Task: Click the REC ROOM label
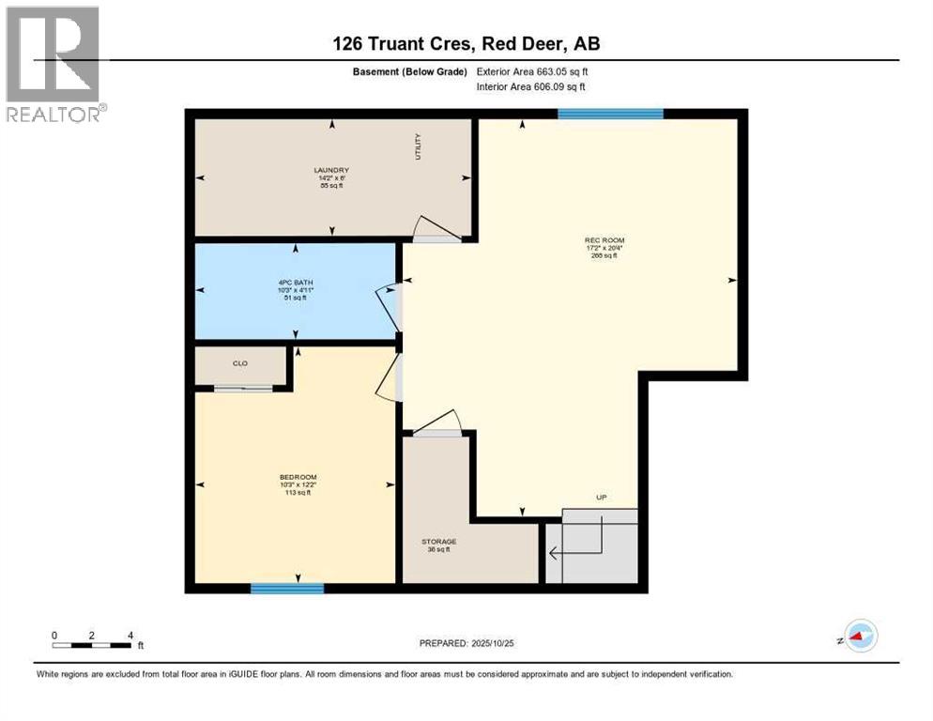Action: (x=604, y=240)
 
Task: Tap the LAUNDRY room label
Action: (x=331, y=170)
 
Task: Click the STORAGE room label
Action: (x=438, y=542)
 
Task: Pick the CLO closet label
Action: (x=239, y=363)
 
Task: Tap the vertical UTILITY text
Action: (x=419, y=146)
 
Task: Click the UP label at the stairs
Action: (x=601, y=497)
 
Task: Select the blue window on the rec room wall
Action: (x=610, y=114)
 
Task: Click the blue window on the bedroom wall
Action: (x=287, y=589)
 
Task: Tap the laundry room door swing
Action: (x=436, y=229)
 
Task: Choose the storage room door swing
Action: (x=438, y=422)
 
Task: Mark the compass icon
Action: (x=860, y=636)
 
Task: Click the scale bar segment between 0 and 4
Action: (x=92, y=645)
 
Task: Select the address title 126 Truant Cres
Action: (x=466, y=43)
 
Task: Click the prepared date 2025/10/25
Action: (x=466, y=643)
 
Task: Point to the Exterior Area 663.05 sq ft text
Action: (x=532, y=71)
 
